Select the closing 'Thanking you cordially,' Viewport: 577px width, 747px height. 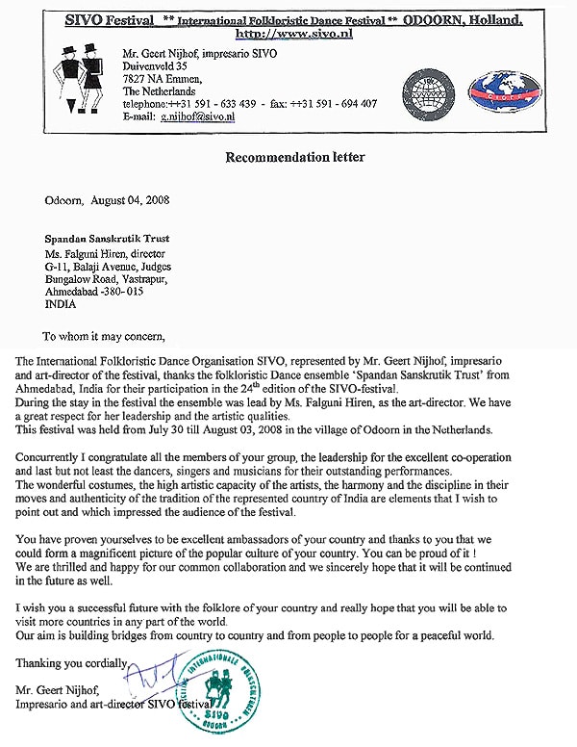(x=72, y=663)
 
